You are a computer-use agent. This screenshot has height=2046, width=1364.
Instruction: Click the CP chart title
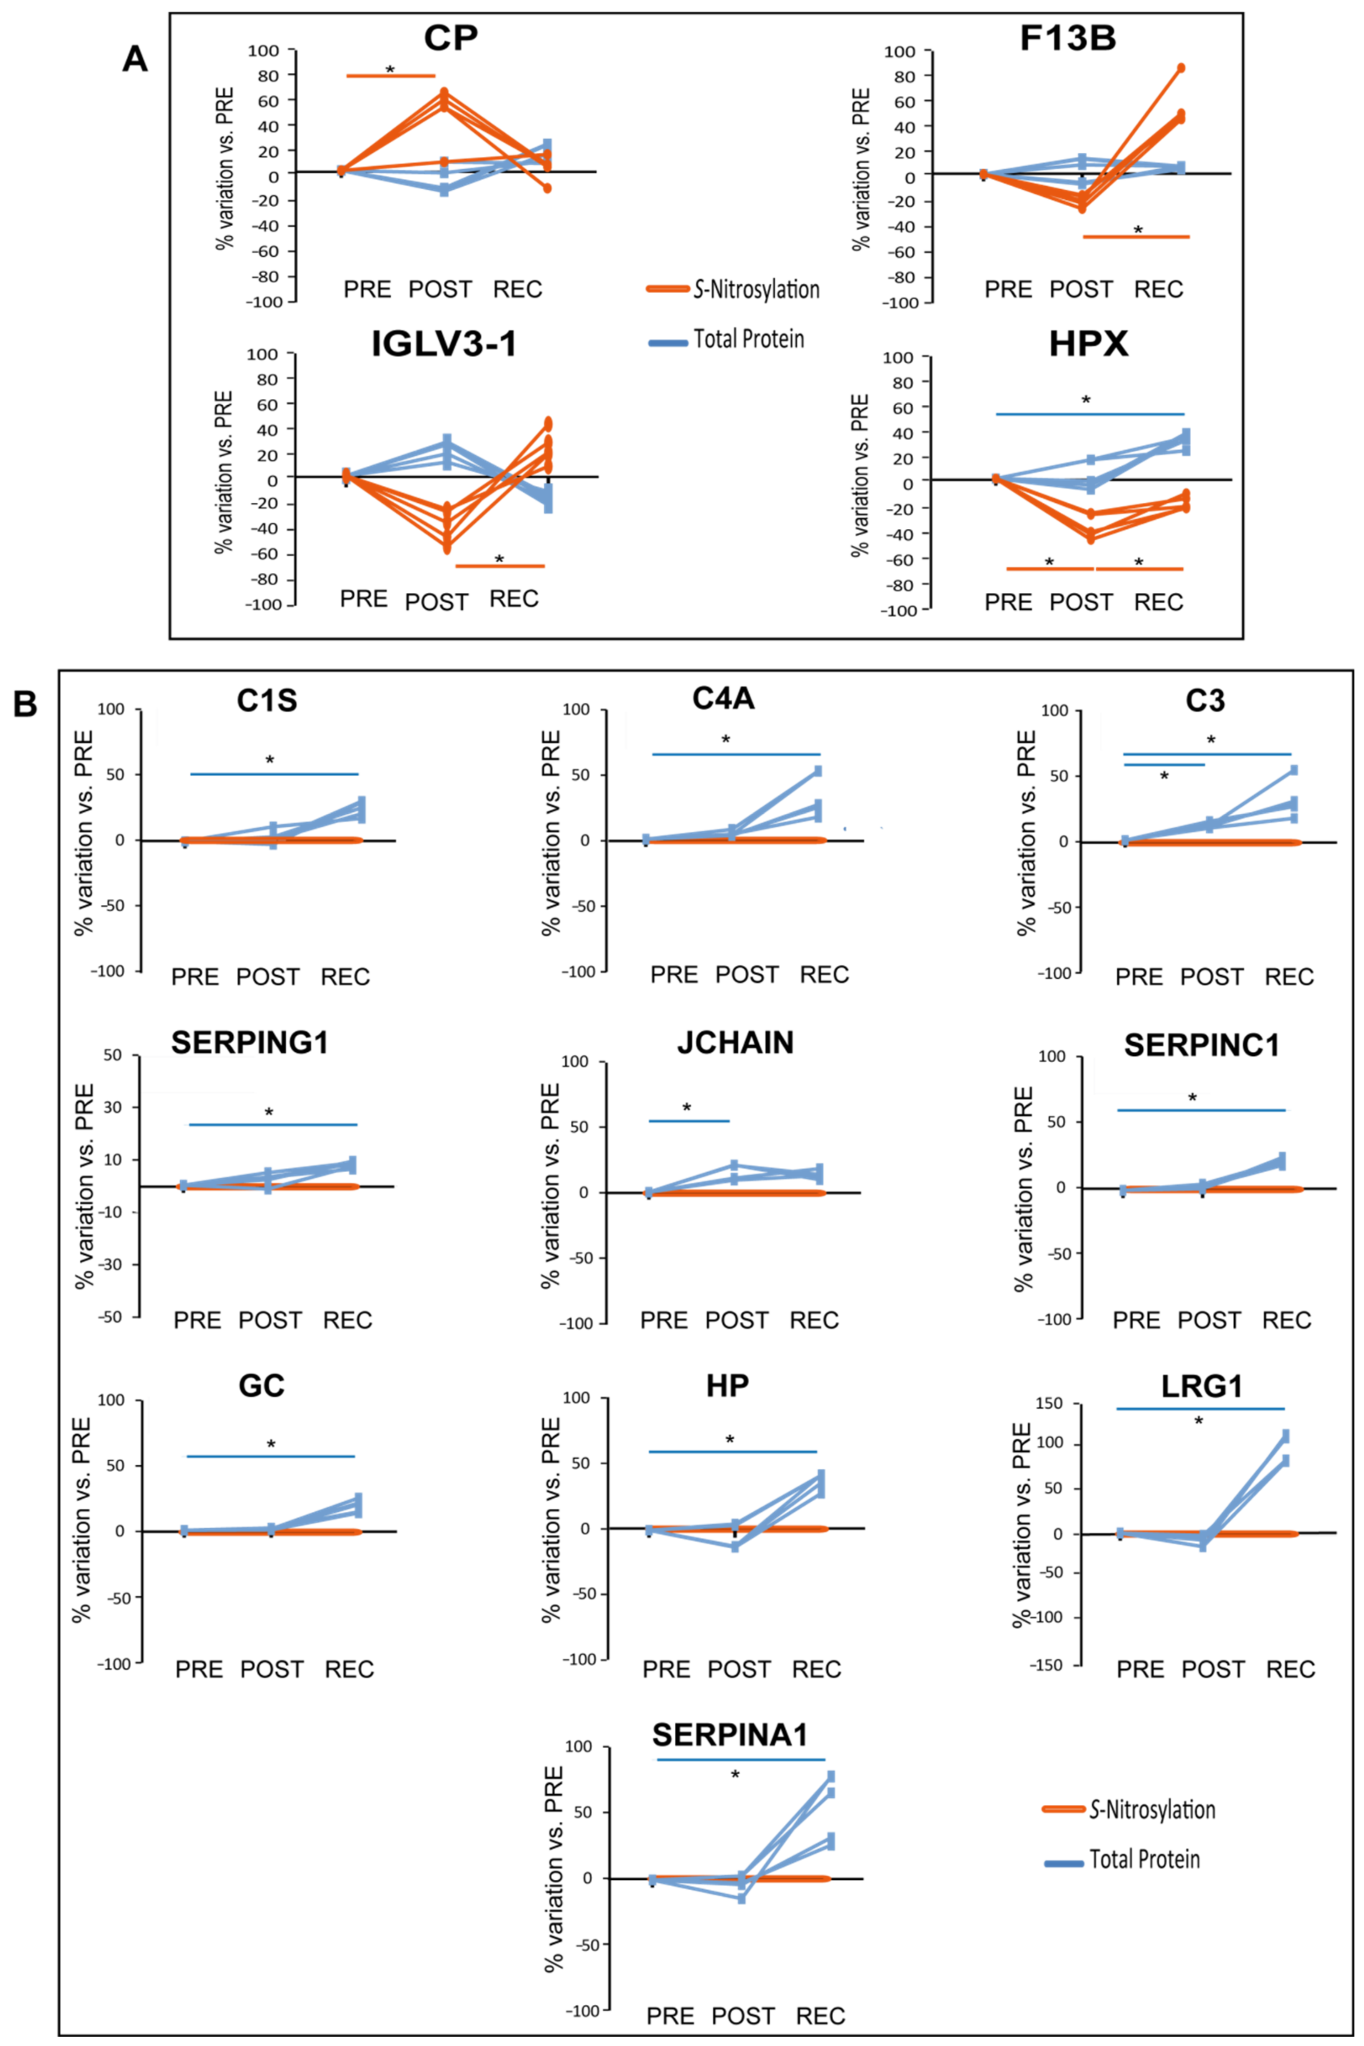(x=451, y=39)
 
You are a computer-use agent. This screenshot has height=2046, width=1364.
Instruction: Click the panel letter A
(x=135, y=59)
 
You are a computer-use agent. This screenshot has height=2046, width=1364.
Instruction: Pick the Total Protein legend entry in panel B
(x=1144, y=1860)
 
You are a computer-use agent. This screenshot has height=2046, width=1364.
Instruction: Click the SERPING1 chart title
(x=250, y=1042)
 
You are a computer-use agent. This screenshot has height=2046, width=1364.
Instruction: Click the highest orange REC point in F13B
(x=1180, y=68)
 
